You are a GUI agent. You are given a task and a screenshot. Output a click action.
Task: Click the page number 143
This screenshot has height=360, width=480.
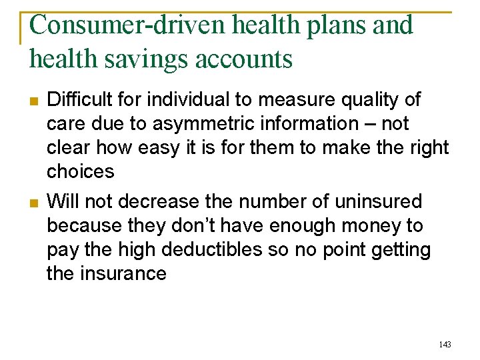click(445, 344)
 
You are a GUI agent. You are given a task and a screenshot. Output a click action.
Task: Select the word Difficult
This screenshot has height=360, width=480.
click(79, 100)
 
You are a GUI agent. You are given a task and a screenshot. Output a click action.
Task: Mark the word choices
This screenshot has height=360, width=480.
click(81, 172)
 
